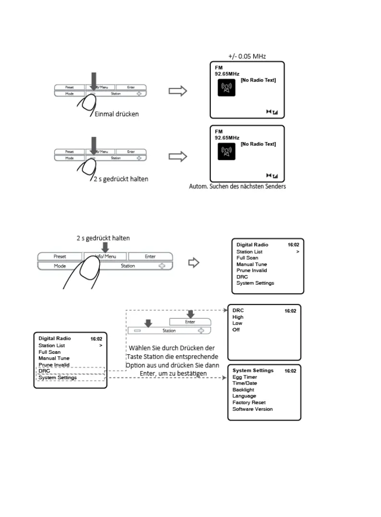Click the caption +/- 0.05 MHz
coord(247,56)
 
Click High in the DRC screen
coord(238,317)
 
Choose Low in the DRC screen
coord(237,324)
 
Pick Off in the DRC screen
coord(236,330)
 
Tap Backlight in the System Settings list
coord(243,390)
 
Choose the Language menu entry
coord(244,396)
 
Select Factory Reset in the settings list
coord(249,403)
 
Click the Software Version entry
coord(252,409)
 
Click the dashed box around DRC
coord(70,371)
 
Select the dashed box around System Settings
coord(70,378)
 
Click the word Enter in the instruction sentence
coord(149,374)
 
